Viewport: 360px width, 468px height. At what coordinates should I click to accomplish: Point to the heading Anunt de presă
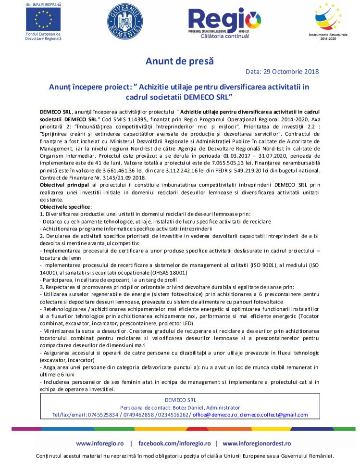pos(179,61)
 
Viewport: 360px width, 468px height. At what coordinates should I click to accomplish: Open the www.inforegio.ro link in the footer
pos(100,443)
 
